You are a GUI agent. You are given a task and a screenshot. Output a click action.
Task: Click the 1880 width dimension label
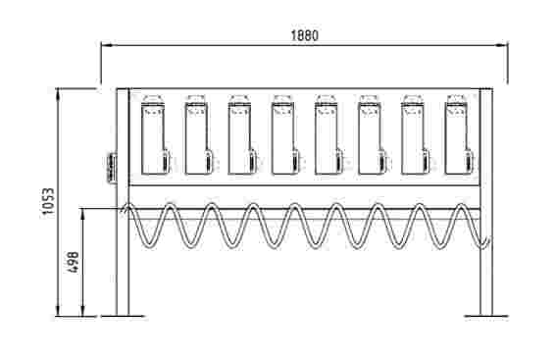pyautogui.click(x=305, y=35)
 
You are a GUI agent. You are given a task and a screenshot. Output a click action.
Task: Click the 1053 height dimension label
pyautogui.click(x=49, y=201)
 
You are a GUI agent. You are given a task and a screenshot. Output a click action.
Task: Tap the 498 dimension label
pyautogui.click(x=73, y=262)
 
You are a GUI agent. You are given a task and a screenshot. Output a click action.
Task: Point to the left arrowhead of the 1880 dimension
pyautogui.click(x=107, y=45)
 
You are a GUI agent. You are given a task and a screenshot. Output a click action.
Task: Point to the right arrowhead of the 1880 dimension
pyautogui.click(x=501, y=45)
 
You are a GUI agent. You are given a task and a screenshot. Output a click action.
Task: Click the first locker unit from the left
pyautogui.click(x=155, y=134)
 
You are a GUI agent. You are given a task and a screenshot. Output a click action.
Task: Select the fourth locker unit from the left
pyautogui.click(x=285, y=134)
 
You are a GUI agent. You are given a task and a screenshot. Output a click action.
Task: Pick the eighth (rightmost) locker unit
pyautogui.click(x=459, y=134)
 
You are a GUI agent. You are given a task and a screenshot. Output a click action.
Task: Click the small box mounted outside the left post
pyautogui.click(x=112, y=168)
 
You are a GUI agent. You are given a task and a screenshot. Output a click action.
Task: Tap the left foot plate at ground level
pyautogui.click(x=123, y=316)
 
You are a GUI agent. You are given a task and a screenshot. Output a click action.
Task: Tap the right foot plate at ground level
pyautogui.click(x=486, y=316)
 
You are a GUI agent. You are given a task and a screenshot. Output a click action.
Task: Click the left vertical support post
pyautogui.click(x=123, y=201)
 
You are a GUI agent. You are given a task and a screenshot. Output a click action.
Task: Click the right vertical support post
pyautogui.click(x=486, y=201)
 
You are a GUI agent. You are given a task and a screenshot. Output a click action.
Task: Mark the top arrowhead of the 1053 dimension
pyautogui.click(x=58, y=93)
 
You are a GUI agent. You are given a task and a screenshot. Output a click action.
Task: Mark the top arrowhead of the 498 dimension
pyautogui.click(x=83, y=215)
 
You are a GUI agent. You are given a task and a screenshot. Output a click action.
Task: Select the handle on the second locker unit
pyautogui.click(x=209, y=162)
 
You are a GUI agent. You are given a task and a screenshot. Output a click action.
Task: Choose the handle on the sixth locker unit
pyautogui.click(x=382, y=162)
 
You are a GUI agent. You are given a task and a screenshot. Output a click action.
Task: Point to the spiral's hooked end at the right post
pyautogui.click(x=485, y=244)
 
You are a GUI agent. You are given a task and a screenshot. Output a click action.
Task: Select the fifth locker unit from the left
pyautogui.click(x=329, y=134)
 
